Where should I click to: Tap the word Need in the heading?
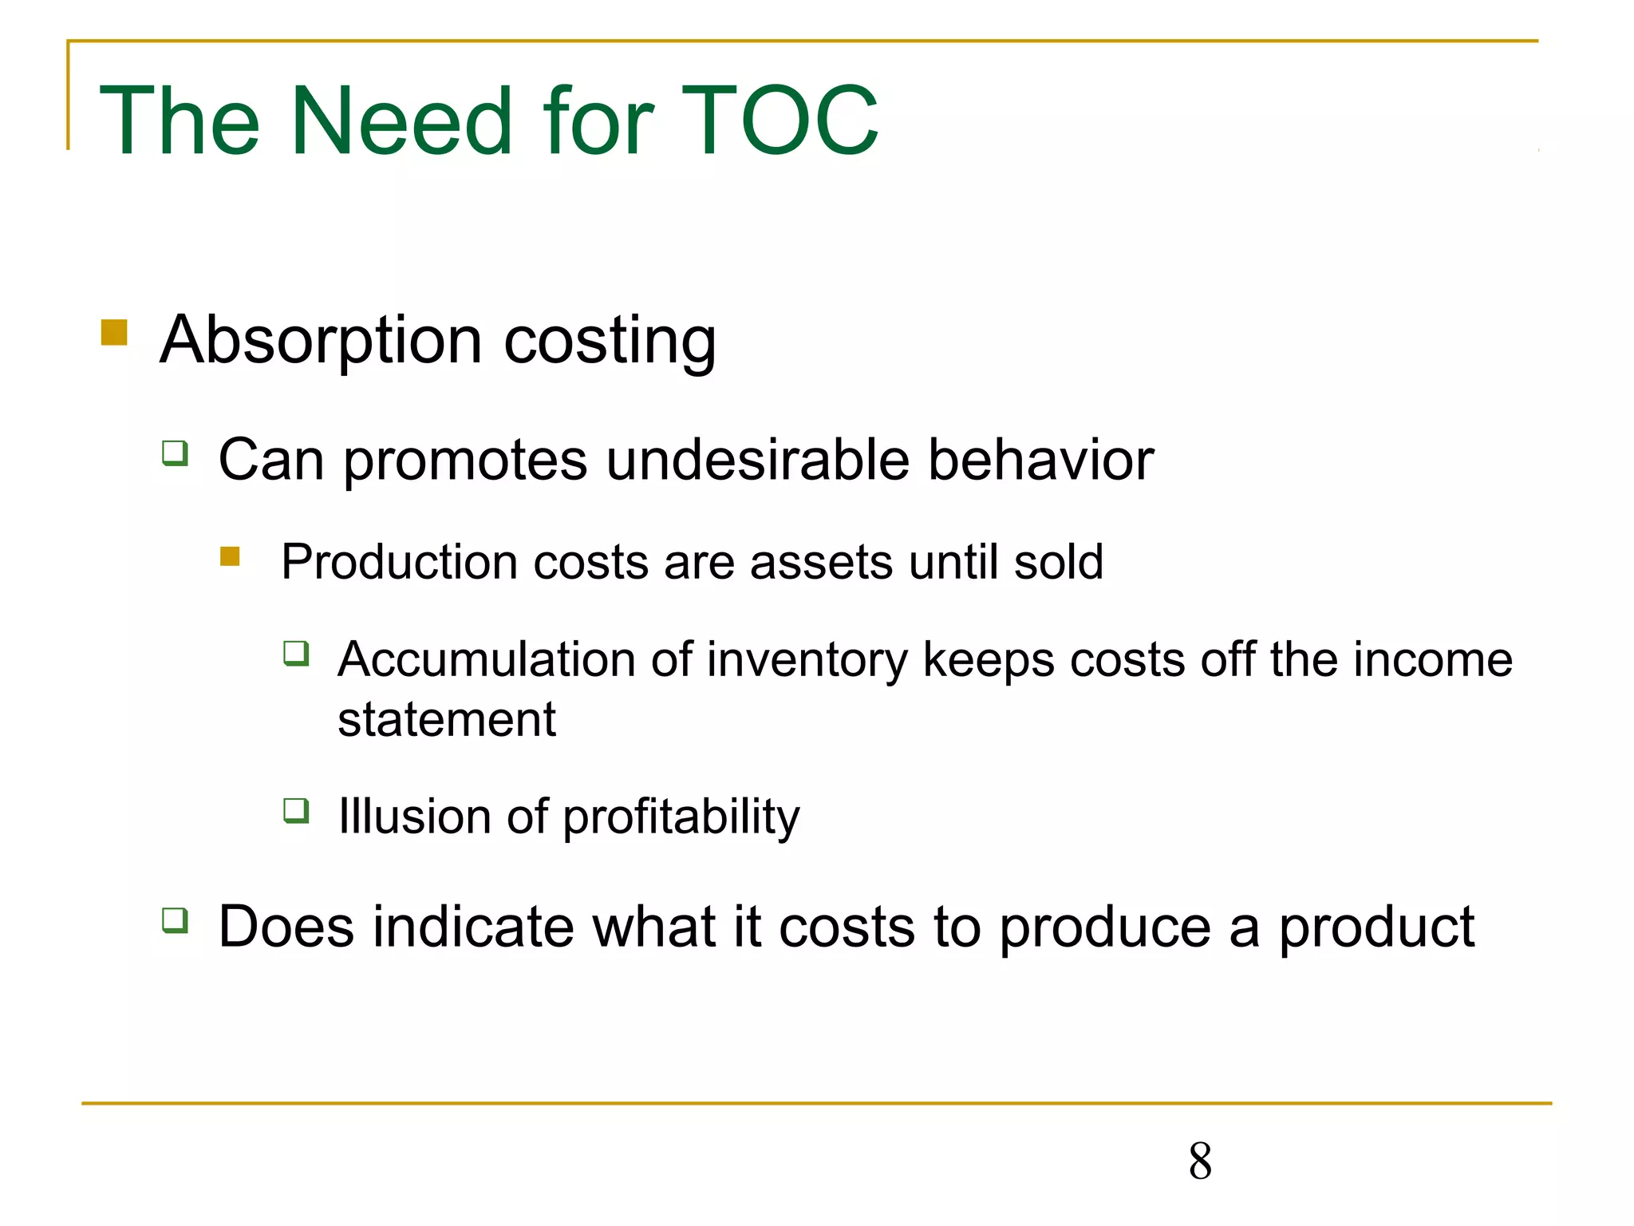(401, 121)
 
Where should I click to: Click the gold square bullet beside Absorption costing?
(114, 332)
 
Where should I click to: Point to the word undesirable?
(757, 461)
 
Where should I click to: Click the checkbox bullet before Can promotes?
(175, 453)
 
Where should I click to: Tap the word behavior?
(1040, 461)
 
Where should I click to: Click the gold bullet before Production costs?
(230, 556)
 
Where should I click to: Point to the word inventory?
(807, 661)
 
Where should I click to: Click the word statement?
(446, 720)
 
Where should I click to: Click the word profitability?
(681, 818)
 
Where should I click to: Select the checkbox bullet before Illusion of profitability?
(296, 810)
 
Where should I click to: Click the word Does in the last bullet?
(286, 927)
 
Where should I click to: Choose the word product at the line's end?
(1376, 929)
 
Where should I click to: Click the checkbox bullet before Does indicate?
(175, 919)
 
